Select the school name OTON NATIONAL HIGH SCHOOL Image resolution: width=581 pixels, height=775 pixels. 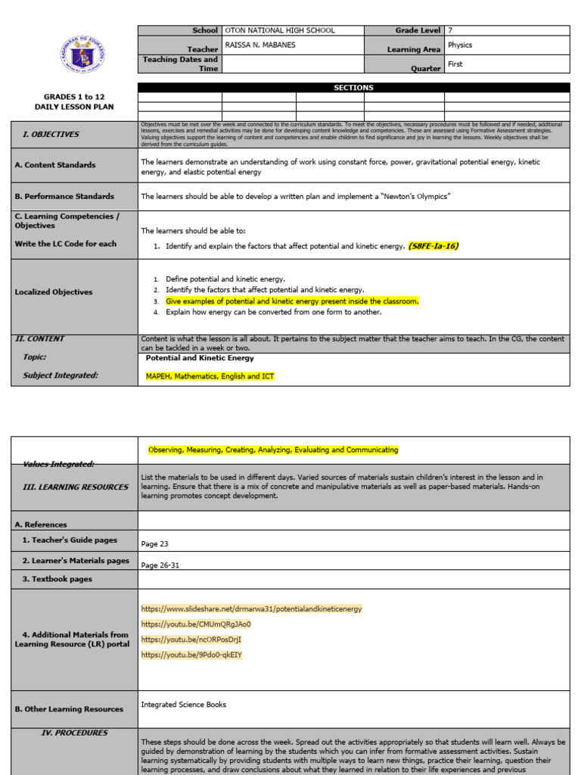pos(280,31)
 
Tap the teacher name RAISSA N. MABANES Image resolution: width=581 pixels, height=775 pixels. pos(260,45)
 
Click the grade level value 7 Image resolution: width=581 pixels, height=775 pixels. pos(450,31)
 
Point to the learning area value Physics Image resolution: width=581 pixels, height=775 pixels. pos(460,45)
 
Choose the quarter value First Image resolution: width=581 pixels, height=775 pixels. pos(455,64)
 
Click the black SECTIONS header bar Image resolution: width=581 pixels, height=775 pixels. pos(353,88)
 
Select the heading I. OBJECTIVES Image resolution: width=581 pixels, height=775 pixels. pos(51,134)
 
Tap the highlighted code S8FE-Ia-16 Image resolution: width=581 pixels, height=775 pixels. pos(433,246)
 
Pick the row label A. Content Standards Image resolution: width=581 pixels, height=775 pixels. pos(55,165)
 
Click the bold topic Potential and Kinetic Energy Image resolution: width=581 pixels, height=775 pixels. pos(200,358)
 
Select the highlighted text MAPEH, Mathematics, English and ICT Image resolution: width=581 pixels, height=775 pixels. pos(210,376)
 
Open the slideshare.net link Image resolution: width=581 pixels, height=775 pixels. pos(251,608)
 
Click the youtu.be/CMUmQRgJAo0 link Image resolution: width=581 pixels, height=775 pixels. pos(195,624)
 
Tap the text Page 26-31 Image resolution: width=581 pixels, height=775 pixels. pos(160,565)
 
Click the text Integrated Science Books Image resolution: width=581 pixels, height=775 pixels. pos(183,705)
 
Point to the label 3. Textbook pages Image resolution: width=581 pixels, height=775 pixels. pos(57,579)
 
